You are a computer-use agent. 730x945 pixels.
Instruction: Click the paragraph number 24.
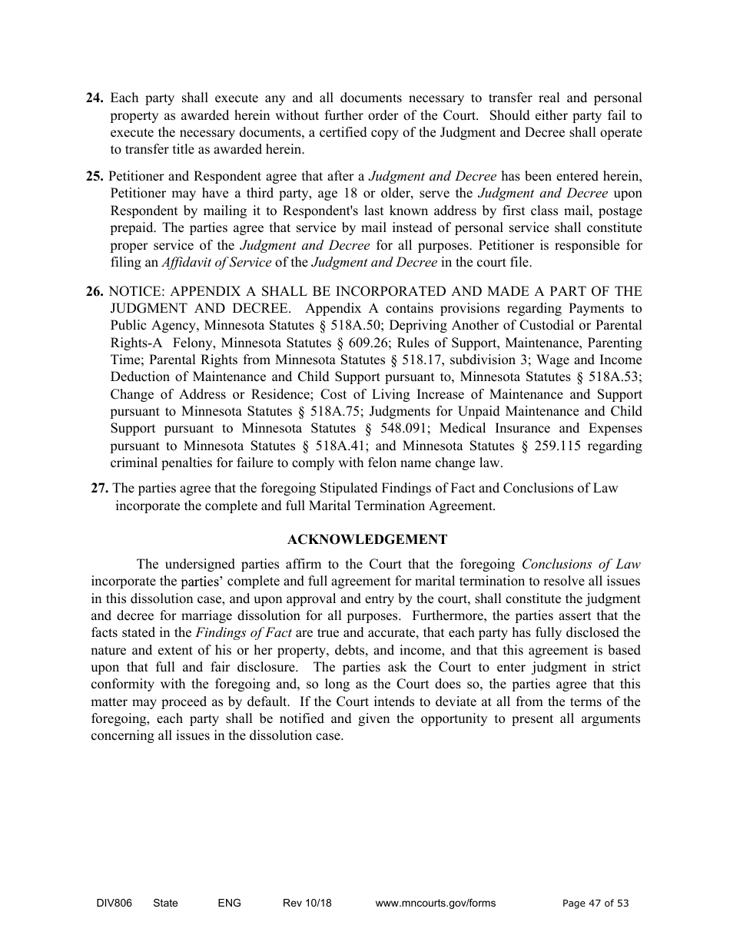(95, 98)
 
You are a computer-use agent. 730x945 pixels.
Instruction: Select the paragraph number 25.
(95, 177)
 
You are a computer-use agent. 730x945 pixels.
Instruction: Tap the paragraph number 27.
(100, 489)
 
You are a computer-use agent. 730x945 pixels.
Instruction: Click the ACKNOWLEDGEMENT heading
(367, 539)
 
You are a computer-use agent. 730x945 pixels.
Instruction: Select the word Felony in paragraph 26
(193, 343)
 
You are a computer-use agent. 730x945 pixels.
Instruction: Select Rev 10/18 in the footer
(307, 904)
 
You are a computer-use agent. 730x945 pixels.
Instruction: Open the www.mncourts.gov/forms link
(435, 904)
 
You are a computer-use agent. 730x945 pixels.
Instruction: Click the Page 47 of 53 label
(596, 904)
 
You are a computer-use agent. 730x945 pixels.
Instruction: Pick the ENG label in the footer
(230, 904)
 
